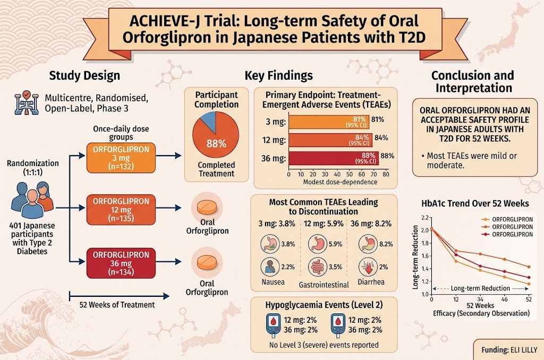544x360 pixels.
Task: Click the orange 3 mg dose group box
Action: tap(121, 158)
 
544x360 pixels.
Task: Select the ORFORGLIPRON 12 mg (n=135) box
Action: tap(121, 210)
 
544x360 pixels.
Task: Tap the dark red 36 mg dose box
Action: tap(121, 263)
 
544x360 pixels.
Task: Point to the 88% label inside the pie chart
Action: tap(216, 143)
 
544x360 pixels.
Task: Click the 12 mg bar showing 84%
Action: tap(330, 140)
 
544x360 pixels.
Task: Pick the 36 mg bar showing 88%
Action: tap(334, 158)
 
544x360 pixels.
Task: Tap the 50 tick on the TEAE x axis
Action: tap(350, 174)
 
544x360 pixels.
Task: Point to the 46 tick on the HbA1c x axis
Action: tap(505, 299)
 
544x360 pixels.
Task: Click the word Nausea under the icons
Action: tap(273, 282)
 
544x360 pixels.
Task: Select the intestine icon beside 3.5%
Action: tap(318, 267)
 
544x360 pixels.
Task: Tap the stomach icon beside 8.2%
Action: tap(368, 244)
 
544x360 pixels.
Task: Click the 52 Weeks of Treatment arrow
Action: tap(120, 296)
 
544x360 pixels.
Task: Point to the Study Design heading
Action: tap(84, 75)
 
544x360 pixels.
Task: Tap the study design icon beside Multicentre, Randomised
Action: tap(27, 102)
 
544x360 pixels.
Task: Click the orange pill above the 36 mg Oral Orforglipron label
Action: tap(207, 262)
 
